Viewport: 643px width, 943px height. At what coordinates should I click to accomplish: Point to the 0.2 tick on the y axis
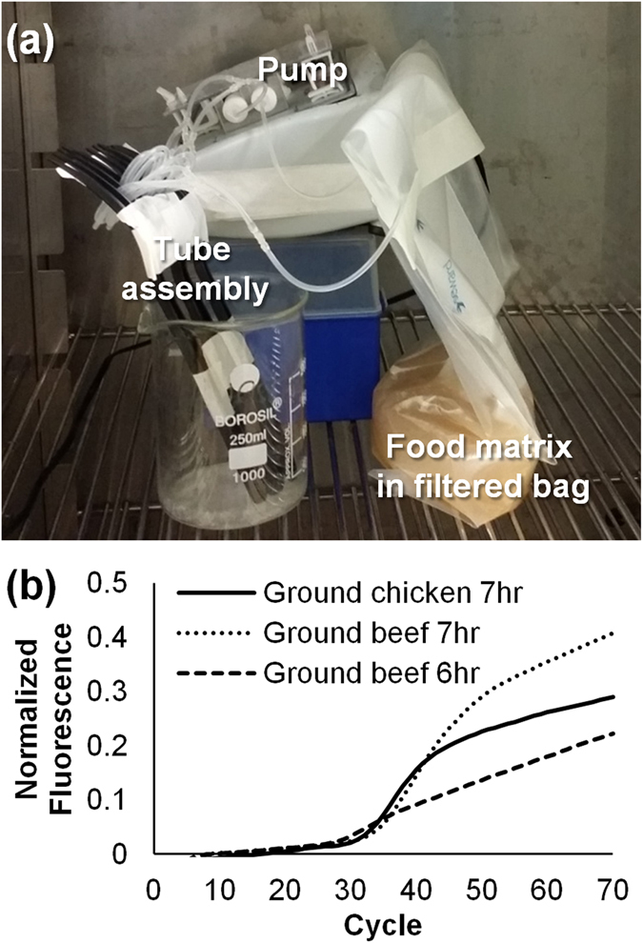click(121, 746)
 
